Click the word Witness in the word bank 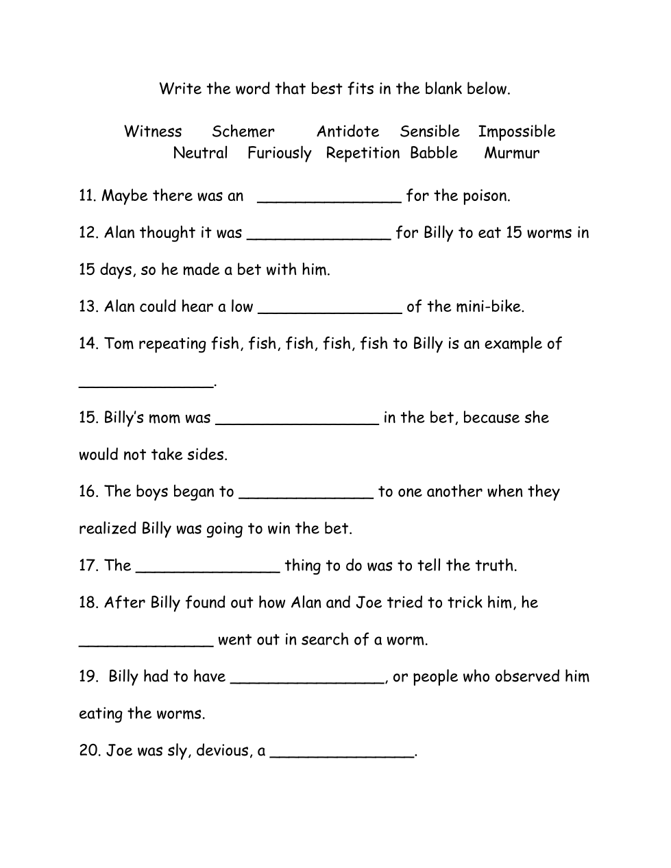[153, 132]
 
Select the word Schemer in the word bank [243, 132]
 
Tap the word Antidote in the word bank [347, 132]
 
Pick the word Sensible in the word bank [430, 132]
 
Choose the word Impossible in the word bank [516, 132]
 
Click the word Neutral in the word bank [200, 153]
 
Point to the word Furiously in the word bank [279, 154]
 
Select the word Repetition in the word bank [363, 154]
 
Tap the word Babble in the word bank [434, 153]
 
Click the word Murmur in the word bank [511, 153]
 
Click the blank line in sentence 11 [329, 199]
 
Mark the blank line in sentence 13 [330, 309]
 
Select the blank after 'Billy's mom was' [297, 420]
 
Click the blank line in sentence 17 [208, 568]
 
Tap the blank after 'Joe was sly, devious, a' [342, 754]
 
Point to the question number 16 [88, 492]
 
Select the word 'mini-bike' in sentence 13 [488, 306]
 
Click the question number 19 [88, 677]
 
